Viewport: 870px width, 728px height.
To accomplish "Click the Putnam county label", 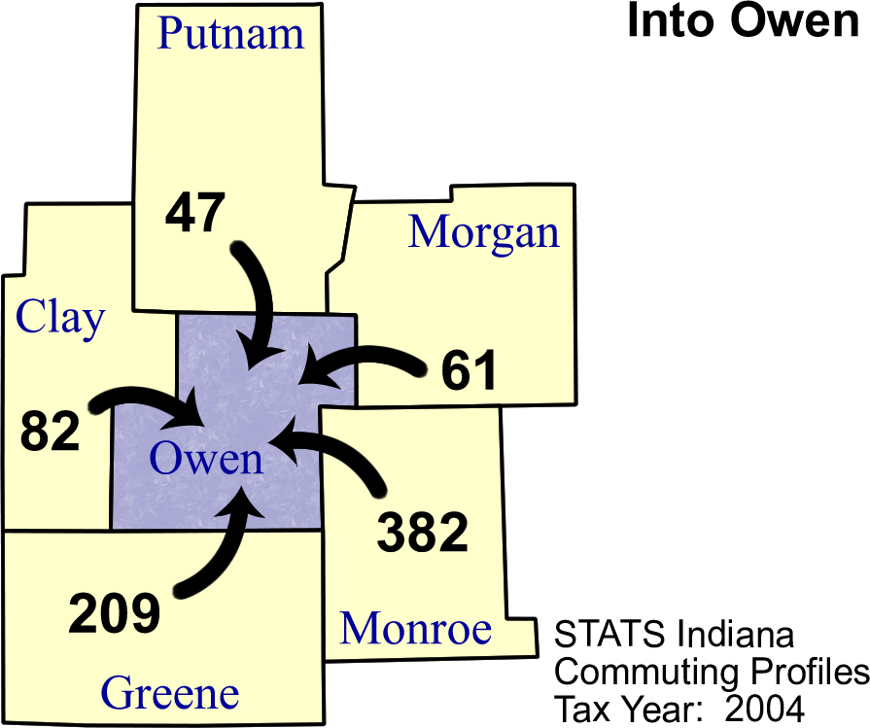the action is pos(230,34).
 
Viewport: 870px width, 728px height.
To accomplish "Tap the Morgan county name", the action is pos(483,232).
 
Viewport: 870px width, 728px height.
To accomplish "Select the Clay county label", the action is pos(60,318).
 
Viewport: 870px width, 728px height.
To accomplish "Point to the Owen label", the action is pos(206,458).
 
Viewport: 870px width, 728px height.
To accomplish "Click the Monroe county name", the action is pos(415,629).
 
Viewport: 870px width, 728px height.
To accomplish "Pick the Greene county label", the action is pos(170,694).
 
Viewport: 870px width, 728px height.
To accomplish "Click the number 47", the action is pos(194,213).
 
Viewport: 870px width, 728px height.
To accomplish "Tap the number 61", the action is pos(469,371).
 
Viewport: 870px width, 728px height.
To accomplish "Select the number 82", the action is pos(50,431).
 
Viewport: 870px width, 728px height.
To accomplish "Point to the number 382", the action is pos(422,532).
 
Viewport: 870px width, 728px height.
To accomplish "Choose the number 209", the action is pos(114,614).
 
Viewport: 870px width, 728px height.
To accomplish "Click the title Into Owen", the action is pos(742,21).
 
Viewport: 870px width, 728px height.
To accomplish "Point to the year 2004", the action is pos(764,709).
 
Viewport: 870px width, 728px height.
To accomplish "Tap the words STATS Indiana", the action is pos(674,635).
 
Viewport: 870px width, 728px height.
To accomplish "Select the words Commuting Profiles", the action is pos(711,672).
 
